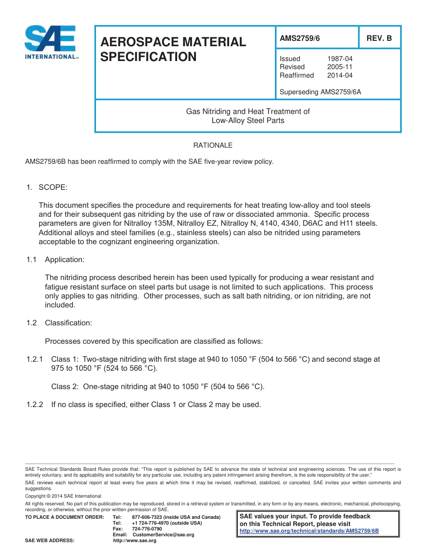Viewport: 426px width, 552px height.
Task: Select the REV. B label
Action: [x=379, y=39]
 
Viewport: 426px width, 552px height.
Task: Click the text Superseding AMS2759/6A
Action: [x=320, y=92]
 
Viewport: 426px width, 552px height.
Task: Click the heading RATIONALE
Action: [x=213, y=145]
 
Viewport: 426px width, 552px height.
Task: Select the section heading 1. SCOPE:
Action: [x=47, y=187]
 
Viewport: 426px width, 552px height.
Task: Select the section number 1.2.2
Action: [x=35, y=404]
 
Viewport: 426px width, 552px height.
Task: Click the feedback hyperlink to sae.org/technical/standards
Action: [x=309, y=530]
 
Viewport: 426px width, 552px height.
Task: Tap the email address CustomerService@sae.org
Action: [x=163, y=534]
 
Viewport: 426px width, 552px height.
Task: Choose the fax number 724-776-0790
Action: [x=147, y=529]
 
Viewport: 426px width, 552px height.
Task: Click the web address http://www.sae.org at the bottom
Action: [x=135, y=541]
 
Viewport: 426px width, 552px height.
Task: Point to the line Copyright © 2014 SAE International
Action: [x=63, y=496]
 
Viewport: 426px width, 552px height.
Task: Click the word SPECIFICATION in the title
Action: [x=148, y=57]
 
